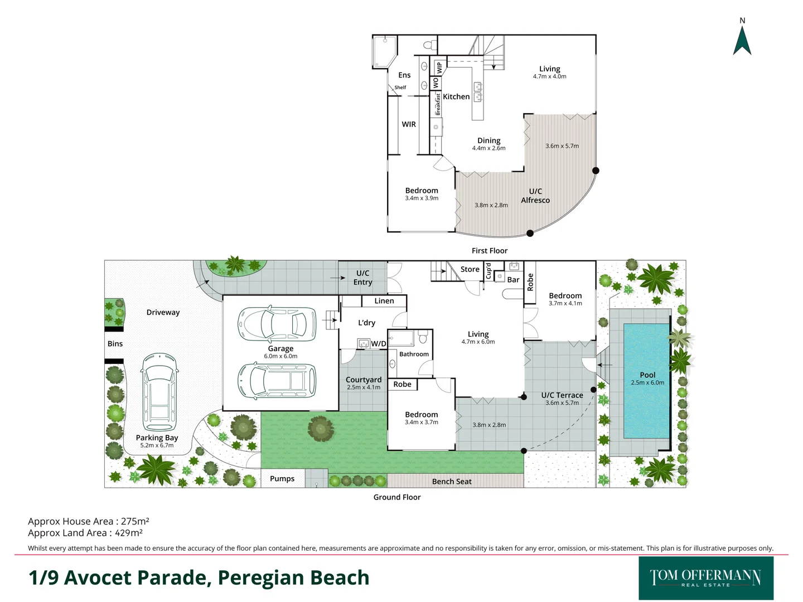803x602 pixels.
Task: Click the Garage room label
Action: click(x=280, y=348)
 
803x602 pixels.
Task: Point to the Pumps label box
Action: click(x=282, y=479)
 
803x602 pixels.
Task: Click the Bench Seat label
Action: click(x=452, y=482)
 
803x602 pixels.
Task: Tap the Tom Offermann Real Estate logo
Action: click(x=705, y=578)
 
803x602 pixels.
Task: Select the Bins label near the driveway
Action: click(x=115, y=344)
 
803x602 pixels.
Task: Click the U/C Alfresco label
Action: click(x=535, y=196)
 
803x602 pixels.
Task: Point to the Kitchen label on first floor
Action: click(x=456, y=96)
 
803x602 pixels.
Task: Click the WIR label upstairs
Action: click(x=409, y=124)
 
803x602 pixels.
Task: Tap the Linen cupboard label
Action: click(x=384, y=301)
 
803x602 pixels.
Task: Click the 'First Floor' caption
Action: click(x=490, y=251)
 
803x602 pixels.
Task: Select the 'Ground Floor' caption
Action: click(x=397, y=497)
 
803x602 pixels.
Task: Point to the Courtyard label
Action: click(x=364, y=380)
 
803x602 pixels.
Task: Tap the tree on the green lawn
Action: click(x=321, y=428)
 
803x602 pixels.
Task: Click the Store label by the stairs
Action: click(x=470, y=269)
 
